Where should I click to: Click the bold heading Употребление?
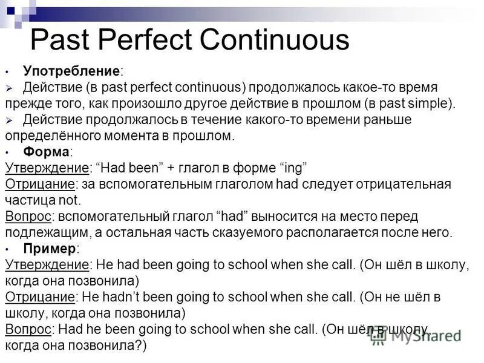click(x=72, y=71)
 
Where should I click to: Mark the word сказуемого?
click(x=246, y=232)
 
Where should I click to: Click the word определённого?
click(x=48, y=136)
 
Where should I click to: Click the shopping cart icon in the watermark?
click(x=379, y=336)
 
